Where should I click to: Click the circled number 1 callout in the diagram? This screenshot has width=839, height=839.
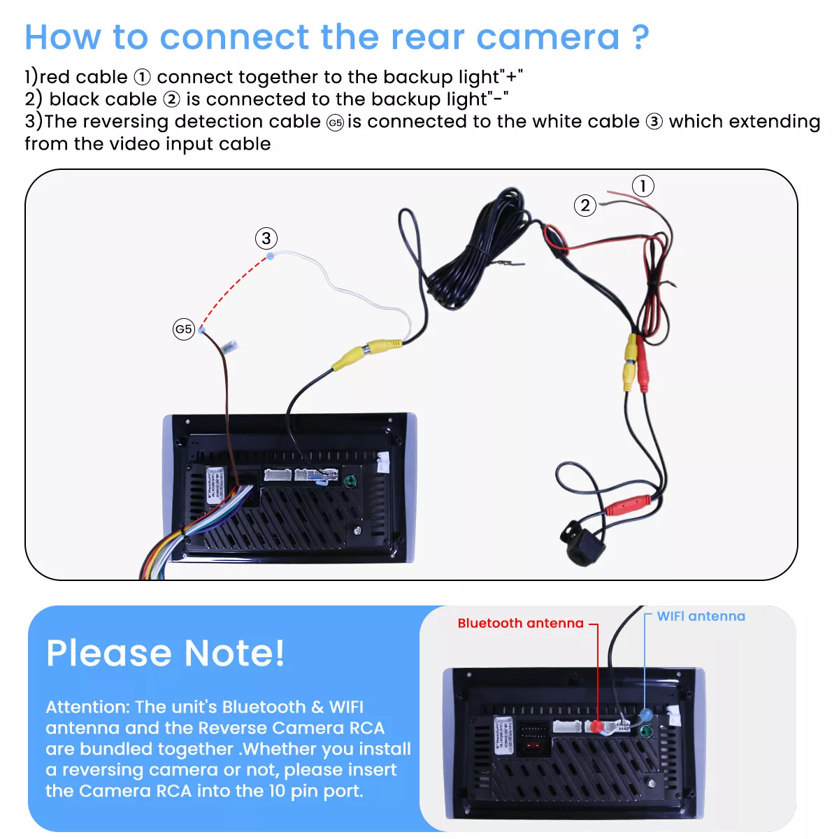tap(643, 186)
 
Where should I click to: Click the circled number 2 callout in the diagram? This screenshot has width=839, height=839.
tap(585, 206)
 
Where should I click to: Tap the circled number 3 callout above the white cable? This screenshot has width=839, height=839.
tap(266, 238)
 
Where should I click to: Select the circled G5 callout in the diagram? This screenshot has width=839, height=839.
tap(183, 329)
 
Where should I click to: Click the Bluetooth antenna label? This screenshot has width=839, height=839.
tap(520, 623)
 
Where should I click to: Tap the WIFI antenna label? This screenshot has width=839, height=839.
tap(701, 616)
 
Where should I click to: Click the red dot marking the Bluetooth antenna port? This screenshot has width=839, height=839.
tap(596, 727)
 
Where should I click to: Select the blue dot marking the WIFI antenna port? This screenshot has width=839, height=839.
tap(645, 715)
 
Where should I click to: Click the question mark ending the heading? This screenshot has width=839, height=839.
tap(640, 37)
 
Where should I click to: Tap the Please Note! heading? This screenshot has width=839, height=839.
tap(166, 653)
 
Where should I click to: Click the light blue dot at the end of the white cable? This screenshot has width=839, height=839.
tap(271, 257)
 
